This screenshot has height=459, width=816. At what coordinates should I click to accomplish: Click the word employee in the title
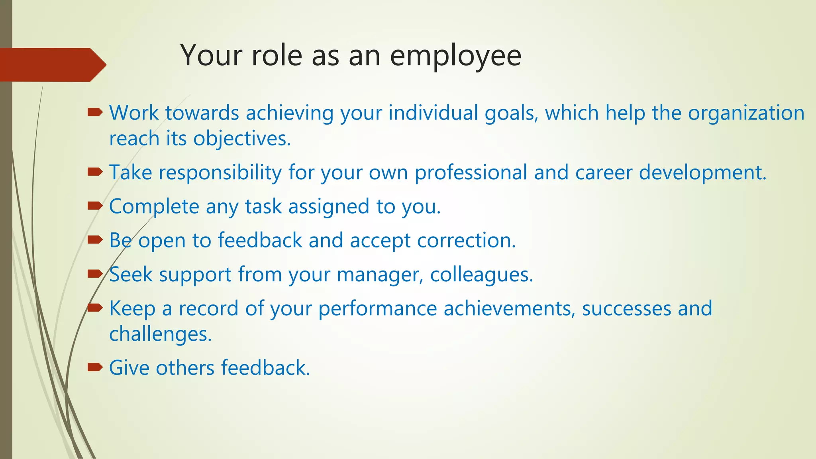(455, 56)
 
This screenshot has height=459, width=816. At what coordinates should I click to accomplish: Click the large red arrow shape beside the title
(52, 65)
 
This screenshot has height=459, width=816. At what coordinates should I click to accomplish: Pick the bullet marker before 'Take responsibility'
(95, 172)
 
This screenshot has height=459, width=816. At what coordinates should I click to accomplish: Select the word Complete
(154, 207)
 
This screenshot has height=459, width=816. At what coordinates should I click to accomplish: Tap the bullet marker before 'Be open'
(95, 240)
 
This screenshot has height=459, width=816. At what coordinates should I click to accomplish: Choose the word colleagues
(481, 275)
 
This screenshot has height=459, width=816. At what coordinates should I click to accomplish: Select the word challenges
(160, 334)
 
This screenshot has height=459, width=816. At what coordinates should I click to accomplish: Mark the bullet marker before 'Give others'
(95, 367)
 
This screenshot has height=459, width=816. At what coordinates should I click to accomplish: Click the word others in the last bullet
(185, 367)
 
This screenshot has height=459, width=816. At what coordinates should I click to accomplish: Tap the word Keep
(132, 309)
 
